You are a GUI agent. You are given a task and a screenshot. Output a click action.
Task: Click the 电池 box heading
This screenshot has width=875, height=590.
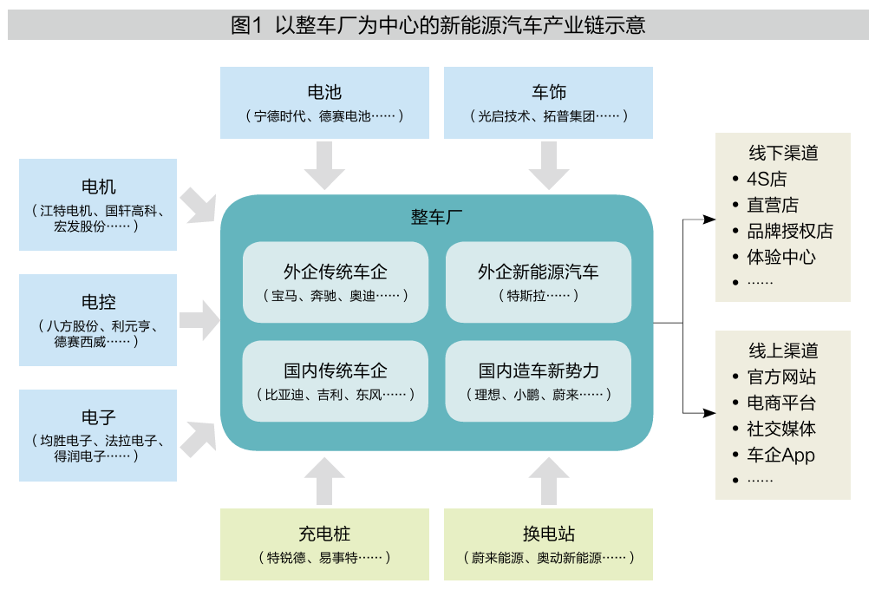pyautogui.click(x=324, y=92)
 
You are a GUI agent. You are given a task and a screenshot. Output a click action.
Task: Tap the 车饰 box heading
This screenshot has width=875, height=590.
pyautogui.click(x=548, y=92)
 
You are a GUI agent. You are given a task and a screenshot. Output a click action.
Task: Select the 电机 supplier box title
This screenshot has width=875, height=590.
pyautogui.click(x=97, y=187)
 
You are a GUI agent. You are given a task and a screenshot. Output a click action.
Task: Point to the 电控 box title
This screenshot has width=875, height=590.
pyautogui.click(x=97, y=302)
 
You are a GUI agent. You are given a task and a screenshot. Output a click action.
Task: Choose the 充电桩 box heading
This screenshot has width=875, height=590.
pyautogui.click(x=324, y=534)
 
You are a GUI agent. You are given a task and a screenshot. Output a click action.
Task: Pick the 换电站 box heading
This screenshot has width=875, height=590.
pyautogui.click(x=548, y=534)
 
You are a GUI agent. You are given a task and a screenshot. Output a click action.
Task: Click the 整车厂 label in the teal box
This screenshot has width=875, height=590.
pyautogui.click(x=436, y=217)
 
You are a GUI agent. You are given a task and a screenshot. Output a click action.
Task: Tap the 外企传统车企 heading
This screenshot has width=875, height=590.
pyautogui.click(x=335, y=272)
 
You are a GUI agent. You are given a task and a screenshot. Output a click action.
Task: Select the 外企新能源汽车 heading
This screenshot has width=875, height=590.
pyautogui.click(x=538, y=272)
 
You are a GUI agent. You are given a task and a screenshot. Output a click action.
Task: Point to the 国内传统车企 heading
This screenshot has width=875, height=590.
pyautogui.click(x=335, y=370)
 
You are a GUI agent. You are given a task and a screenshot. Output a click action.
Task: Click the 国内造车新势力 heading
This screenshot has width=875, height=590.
pyautogui.click(x=538, y=370)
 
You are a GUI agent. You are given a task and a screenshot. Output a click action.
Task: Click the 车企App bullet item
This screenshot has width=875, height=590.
pyautogui.click(x=780, y=455)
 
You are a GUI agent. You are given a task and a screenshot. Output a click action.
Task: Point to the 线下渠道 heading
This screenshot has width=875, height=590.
pyautogui.click(x=783, y=154)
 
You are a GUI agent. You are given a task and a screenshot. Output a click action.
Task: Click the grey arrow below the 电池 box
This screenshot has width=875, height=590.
pyautogui.click(x=324, y=165)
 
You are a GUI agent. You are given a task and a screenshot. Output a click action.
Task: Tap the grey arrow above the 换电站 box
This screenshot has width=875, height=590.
pyautogui.click(x=548, y=481)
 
